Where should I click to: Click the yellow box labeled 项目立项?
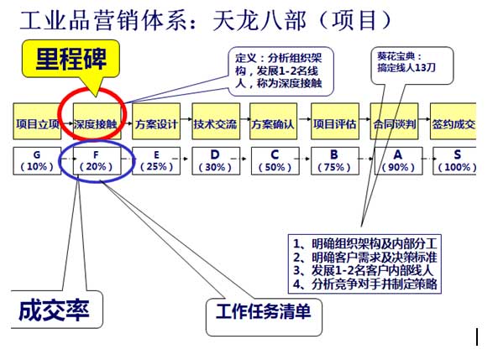pos(37,122)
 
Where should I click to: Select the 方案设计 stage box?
pos(156,122)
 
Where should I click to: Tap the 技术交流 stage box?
pos(216,122)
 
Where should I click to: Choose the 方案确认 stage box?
pos(274,122)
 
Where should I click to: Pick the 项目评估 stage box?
pos(335,122)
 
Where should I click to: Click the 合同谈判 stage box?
pos(394,122)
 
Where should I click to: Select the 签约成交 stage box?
pos(453,122)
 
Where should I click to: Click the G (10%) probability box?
pos(37,161)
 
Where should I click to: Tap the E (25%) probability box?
pos(156,161)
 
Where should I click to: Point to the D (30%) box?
pos(216,161)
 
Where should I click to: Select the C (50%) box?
pos(275,161)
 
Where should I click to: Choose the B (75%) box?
pos(335,161)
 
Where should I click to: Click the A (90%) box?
pos(398,161)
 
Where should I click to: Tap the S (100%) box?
pos(455,161)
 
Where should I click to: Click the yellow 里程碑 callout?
pos(71,59)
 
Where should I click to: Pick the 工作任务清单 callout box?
pos(264,316)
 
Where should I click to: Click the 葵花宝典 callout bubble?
pos(412,65)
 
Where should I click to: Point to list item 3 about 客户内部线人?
pos(364,270)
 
